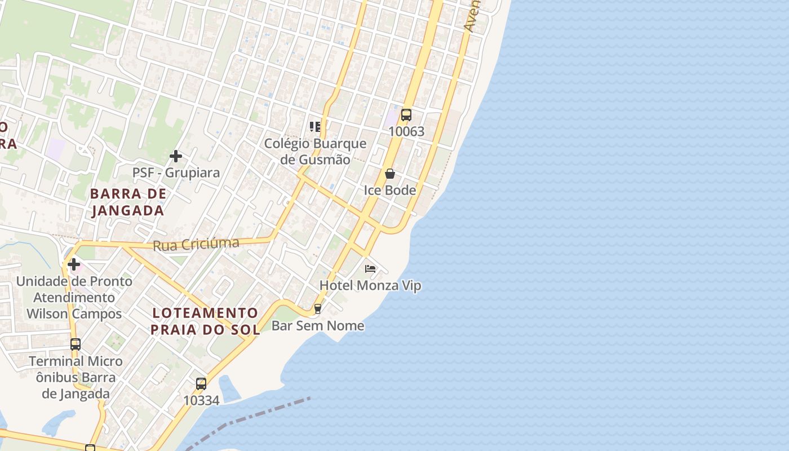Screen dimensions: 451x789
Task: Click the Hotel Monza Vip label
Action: [x=370, y=285]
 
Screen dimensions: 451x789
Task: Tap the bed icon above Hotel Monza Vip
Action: [x=370, y=268]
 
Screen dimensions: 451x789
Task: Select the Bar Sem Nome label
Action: [x=318, y=326]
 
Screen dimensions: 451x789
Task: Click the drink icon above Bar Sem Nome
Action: [x=318, y=309]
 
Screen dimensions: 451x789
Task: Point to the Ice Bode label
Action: [x=390, y=190]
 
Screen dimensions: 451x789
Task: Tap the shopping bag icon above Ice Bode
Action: [x=389, y=174]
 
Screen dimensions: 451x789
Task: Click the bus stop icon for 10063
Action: [x=406, y=115]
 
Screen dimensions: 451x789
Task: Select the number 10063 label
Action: [x=406, y=132]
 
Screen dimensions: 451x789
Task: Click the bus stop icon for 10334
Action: [x=201, y=384]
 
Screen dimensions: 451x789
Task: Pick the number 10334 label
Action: [x=201, y=400]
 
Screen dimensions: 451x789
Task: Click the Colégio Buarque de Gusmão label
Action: [x=316, y=152]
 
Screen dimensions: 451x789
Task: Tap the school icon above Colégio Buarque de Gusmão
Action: [x=314, y=126]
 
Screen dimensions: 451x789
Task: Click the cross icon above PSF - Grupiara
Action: [x=176, y=156]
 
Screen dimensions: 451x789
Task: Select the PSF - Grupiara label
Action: [x=176, y=173]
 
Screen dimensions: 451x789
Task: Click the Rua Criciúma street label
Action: [x=196, y=244]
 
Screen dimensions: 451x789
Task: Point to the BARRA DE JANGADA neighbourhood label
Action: [x=128, y=202]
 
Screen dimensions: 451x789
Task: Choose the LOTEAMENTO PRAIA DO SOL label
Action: [x=205, y=321]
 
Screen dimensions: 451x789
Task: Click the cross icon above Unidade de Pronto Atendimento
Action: [x=74, y=264]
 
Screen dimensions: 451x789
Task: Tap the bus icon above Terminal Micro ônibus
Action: [x=76, y=344]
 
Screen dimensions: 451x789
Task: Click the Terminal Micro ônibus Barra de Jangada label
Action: [x=76, y=377]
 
